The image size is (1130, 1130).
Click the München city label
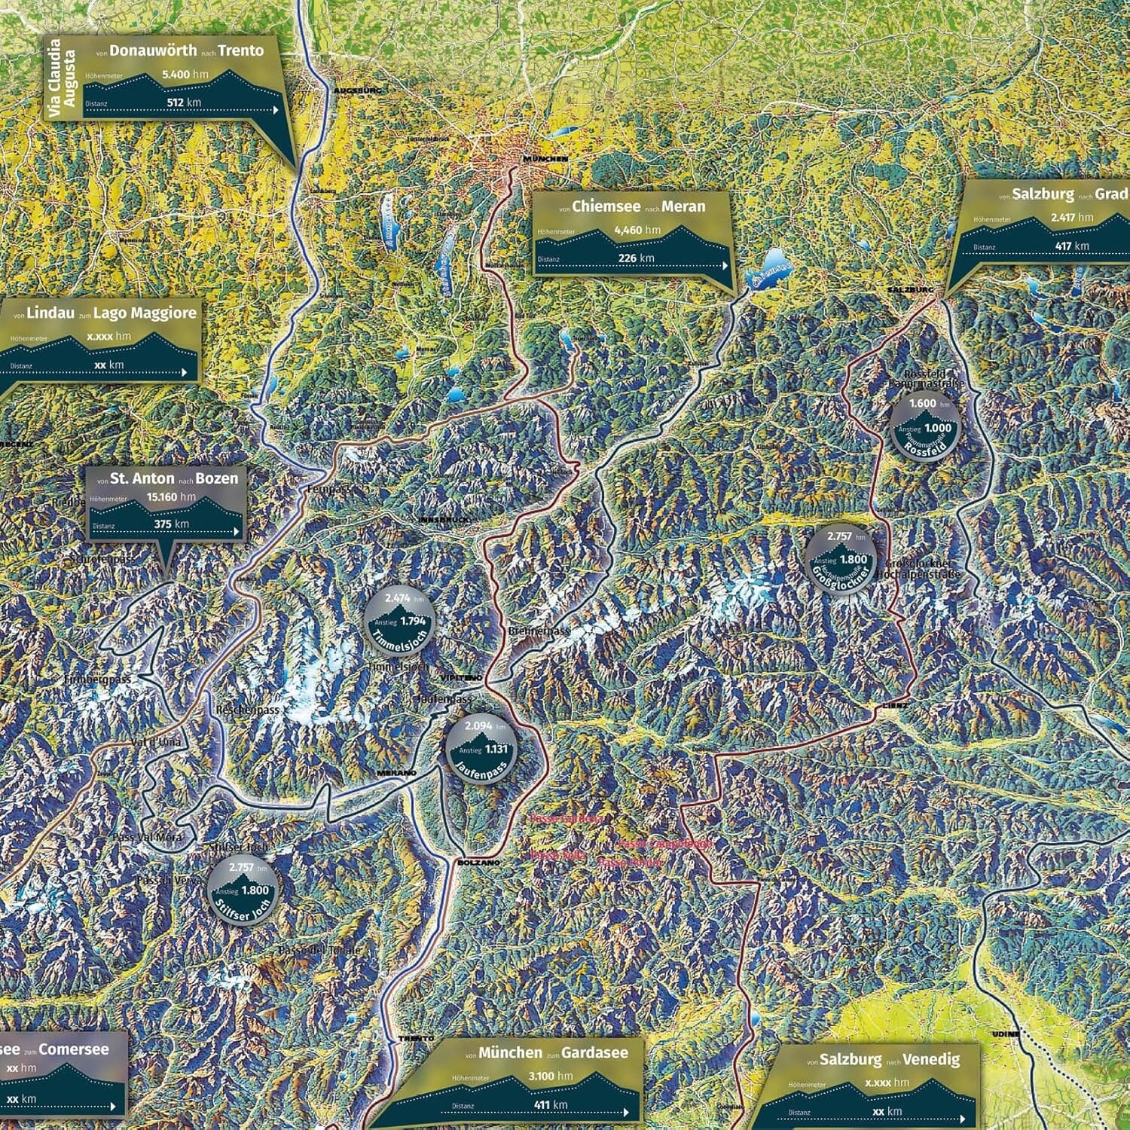[545, 159]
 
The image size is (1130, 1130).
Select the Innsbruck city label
[444, 521]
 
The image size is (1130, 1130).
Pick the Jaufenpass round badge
[481, 749]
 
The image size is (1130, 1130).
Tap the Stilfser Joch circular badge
[242, 889]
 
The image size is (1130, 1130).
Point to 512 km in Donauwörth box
[184, 102]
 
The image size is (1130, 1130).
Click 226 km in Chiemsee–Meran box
[636, 258]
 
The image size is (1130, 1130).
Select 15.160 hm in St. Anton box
[171, 497]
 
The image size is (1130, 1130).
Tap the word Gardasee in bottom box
[594, 1053]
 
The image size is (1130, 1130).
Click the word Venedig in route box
[932, 1059]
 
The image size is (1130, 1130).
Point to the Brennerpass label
[539, 631]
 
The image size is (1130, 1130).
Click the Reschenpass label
[247, 710]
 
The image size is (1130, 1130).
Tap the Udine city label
[1006, 1034]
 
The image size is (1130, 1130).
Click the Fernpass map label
[329, 490]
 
